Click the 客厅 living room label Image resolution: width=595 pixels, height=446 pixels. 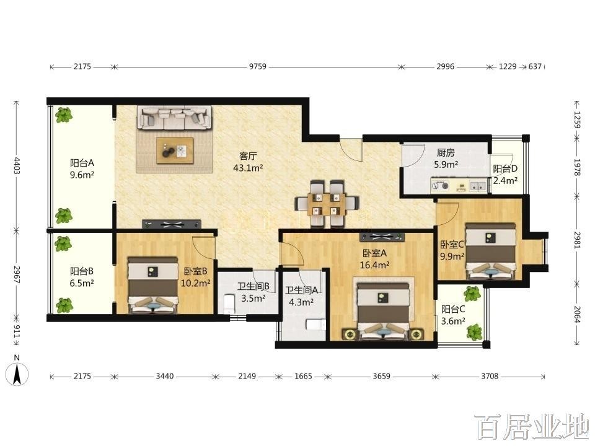pyautogui.click(x=248, y=156)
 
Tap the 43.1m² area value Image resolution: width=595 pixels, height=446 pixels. pyautogui.click(x=248, y=168)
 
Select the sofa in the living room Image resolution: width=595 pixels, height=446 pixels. pyautogui.click(x=174, y=117)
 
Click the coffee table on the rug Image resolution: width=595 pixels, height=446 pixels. pyautogui.click(x=175, y=151)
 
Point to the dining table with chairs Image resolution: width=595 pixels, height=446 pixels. pyautogui.click(x=327, y=204)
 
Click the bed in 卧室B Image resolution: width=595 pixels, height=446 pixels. pyautogui.click(x=153, y=285)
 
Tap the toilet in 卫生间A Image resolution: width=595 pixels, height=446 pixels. pyautogui.click(x=315, y=325)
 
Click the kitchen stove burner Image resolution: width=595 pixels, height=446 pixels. pyautogui.click(x=441, y=186)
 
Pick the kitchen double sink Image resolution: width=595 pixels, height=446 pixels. pyautogui.click(x=478, y=186)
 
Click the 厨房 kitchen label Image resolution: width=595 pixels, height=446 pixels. pyautogui.click(x=446, y=153)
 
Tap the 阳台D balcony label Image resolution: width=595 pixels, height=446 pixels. pyautogui.click(x=505, y=168)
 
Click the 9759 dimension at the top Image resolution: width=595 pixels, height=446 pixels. pyautogui.click(x=258, y=67)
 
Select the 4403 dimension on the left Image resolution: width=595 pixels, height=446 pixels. pyautogui.click(x=16, y=165)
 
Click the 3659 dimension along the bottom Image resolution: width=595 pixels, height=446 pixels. pyautogui.click(x=381, y=376)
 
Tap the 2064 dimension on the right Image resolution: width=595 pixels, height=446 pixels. pyautogui.click(x=577, y=314)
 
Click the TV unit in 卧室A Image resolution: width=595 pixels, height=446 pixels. pyautogui.click(x=382, y=237)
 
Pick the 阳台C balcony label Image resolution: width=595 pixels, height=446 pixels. pyautogui.click(x=453, y=309)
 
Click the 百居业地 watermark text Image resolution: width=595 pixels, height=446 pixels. pyautogui.click(x=532, y=427)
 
